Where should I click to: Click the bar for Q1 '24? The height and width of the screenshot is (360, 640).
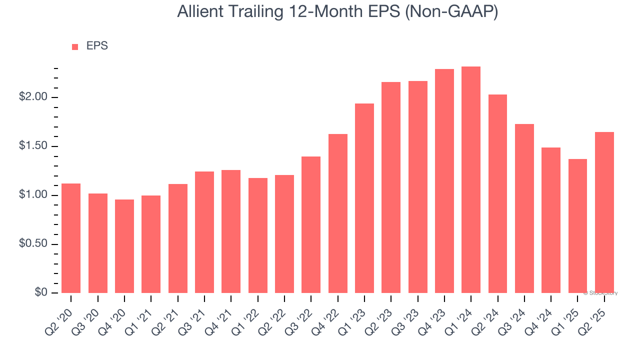click(x=471, y=179)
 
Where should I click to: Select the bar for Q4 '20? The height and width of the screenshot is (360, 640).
click(x=124, y=246)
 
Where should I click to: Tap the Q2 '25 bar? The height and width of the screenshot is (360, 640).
click(x=604, y=212)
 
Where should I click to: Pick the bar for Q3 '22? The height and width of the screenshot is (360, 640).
click(x=311, y=225)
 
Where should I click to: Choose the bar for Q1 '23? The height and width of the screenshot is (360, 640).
click(x=364, y=198)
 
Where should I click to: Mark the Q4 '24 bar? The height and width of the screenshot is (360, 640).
click(x=551, y=220)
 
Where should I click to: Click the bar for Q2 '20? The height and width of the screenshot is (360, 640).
click(x=71, y=238)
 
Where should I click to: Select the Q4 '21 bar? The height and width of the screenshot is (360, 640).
click(x=231, y=231)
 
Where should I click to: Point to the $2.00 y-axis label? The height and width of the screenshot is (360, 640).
click(x=33, y=97)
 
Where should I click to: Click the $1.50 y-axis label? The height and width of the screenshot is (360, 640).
click(x=33, y=145)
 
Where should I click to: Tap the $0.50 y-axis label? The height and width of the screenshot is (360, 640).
click(x=33, y=243)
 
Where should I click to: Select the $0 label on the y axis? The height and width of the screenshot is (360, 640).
click(x=41, y=292)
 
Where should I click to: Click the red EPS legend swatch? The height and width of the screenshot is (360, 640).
click(x=75, y=47)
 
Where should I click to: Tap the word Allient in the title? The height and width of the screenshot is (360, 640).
click(x=200, y=11)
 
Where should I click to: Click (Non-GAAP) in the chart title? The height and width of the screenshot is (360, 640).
click(x=451, y=12)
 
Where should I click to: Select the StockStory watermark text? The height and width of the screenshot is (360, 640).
click(x=600, y=293)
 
